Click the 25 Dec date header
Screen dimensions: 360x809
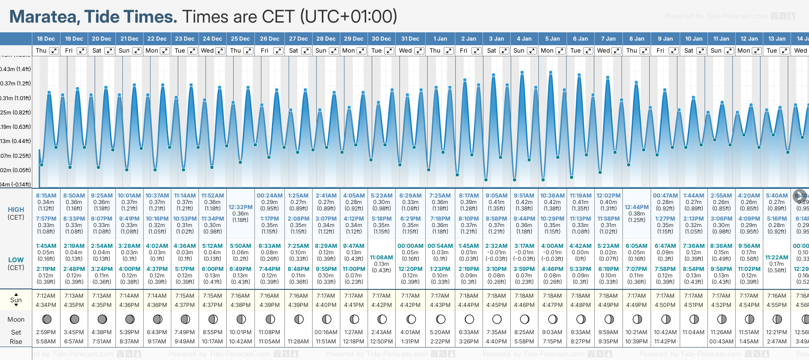point(240,39)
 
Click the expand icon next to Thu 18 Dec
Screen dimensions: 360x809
point(54,51)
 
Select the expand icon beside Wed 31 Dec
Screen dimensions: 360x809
point(419,51)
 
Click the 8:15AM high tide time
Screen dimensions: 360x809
point(46,196)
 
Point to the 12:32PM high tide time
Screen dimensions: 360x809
point(241,207)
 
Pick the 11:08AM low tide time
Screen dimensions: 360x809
point(381,258)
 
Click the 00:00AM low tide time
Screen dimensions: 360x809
point(410,246)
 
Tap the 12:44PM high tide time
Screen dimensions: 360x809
point(636,207)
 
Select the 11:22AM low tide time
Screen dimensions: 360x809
point(777,258)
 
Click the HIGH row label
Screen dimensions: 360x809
point(16,210)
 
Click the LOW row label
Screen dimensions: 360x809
point(16,260)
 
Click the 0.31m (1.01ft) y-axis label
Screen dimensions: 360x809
point(15,98)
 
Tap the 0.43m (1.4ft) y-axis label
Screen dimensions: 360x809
point(15,69)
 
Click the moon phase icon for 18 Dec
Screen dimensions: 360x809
point(46,319)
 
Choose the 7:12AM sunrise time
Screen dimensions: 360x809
point(46,296)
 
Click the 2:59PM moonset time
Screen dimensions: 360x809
point(46,332)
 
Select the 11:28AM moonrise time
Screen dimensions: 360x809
point(298,342)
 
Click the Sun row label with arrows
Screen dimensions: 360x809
point(16,300)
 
